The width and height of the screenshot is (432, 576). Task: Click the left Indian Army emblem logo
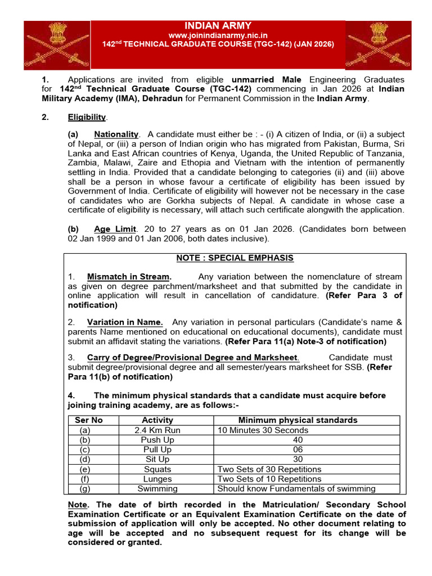click(56, 45)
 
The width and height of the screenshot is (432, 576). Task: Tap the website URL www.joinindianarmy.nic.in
click(218, 35)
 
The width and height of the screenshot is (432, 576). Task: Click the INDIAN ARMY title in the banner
click(218, 26)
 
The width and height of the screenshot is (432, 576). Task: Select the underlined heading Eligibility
click(87, 117)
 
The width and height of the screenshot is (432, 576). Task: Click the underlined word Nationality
click(116, 134)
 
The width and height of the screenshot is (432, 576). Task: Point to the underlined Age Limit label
click(115, 229)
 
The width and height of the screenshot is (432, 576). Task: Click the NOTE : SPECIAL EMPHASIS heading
click(235, 258)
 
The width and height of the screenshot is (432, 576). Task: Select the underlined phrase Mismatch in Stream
click(129, 276)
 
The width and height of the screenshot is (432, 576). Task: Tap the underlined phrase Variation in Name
click(125, 322)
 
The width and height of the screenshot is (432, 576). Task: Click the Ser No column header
click(89, 420)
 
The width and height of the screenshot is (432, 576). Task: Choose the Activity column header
click(157, 420)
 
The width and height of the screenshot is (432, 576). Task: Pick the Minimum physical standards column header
click(298, 420)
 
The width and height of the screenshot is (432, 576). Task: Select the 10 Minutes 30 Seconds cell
click(263, 430)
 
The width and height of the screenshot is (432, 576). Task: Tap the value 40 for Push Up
click(298, 440)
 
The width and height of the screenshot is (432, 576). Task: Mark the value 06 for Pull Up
click(298, 449)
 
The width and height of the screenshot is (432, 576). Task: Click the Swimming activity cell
click(157, 488)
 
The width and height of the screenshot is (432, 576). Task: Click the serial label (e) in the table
click(85, 469)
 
